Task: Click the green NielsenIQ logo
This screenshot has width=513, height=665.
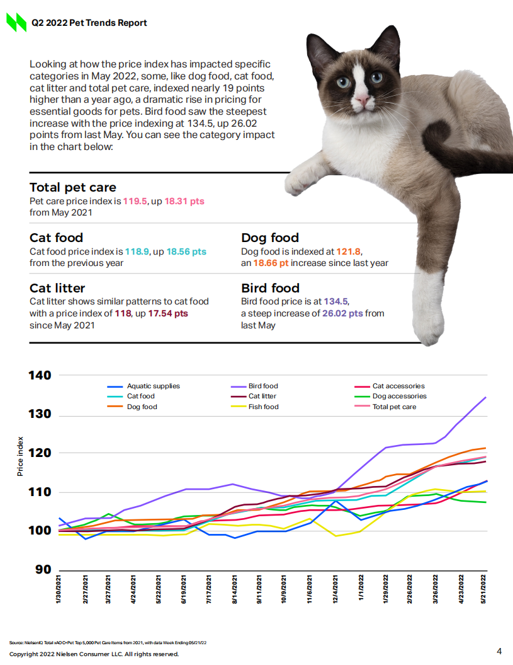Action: tap(16, 23)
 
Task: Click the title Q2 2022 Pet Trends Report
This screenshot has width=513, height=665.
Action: tap(89, 23)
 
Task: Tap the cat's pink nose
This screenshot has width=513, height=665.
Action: tap(363, 99)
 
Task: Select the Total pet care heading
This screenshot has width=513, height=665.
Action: tap(73, 187)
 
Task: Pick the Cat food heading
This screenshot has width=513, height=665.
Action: tap(57, 238)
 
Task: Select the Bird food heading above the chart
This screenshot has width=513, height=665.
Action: tap(270, 288)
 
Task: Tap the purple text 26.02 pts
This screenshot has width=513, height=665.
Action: tap(342, 313)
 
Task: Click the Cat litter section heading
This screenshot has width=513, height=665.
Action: tap(57, 288)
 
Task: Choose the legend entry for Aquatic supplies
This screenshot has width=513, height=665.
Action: tap(153, 386)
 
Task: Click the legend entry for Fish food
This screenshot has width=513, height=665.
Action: tap(263, 407)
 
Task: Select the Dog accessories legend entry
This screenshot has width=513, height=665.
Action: tap(399, 396)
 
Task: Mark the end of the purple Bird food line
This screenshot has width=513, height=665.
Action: tap(485, 397)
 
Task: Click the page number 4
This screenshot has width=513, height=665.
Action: tap(499, 651)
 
